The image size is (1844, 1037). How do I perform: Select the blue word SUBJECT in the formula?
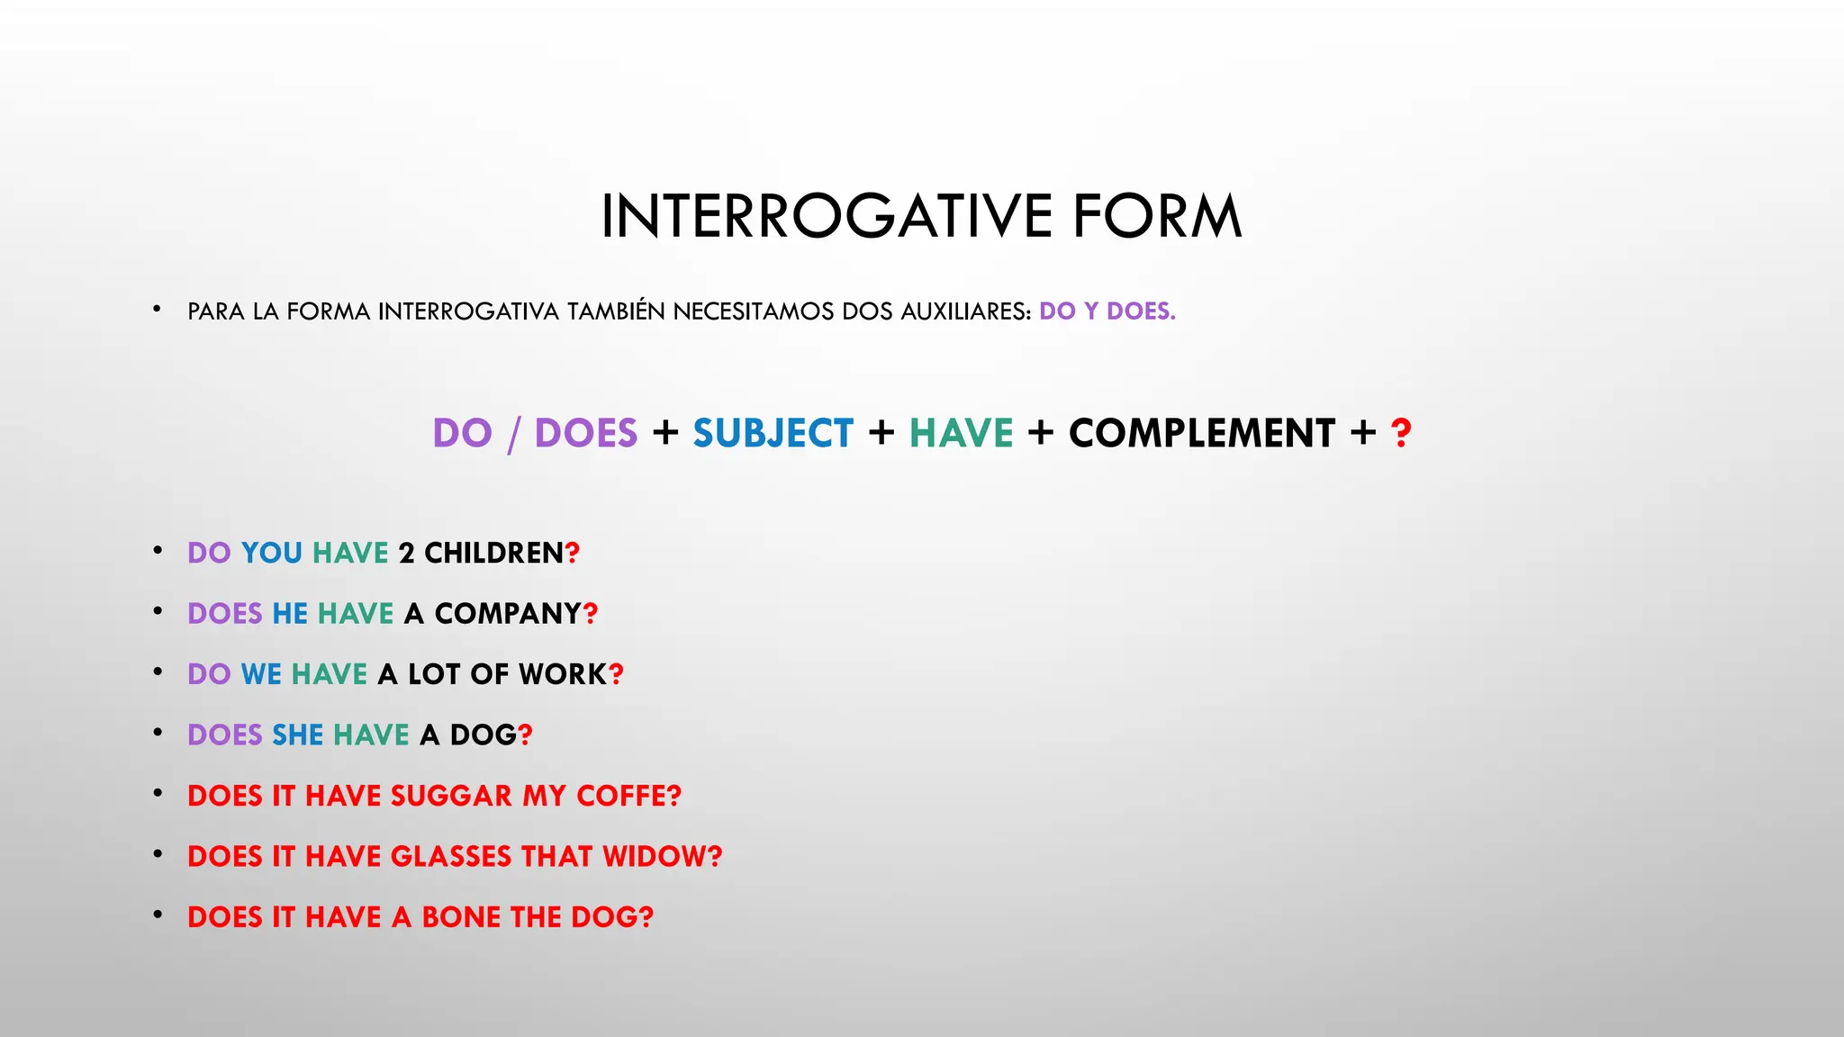[773, 434]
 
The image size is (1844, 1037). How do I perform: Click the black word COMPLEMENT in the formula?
[1202, 434]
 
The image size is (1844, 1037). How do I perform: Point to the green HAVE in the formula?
[961, 434]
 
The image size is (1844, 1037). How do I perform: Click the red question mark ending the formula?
[1400, 434]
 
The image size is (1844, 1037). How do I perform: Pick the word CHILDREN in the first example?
[493, 553]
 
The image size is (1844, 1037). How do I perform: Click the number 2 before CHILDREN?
[406, 553]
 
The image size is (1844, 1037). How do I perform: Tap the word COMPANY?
[508, 614]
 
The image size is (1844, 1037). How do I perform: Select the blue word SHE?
[297, 735]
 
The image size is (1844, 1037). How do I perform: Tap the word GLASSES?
[451, 856]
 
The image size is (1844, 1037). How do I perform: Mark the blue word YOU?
[272, 553]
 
